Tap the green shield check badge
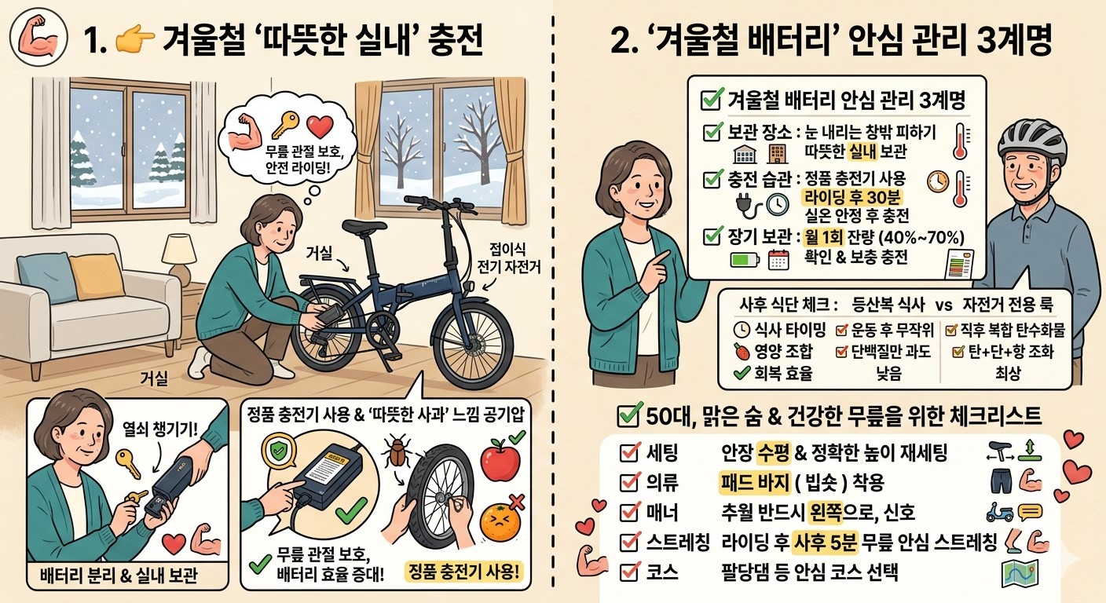tap(279, 450)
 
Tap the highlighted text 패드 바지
tap(754, 482)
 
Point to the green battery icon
tap(744, 260)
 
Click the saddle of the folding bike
tap(364, 226)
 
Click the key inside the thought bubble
tap(285, 126)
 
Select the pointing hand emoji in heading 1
tap(134, 40)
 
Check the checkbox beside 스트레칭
tap(629, 543)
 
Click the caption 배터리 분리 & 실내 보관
tap(119, 576)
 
